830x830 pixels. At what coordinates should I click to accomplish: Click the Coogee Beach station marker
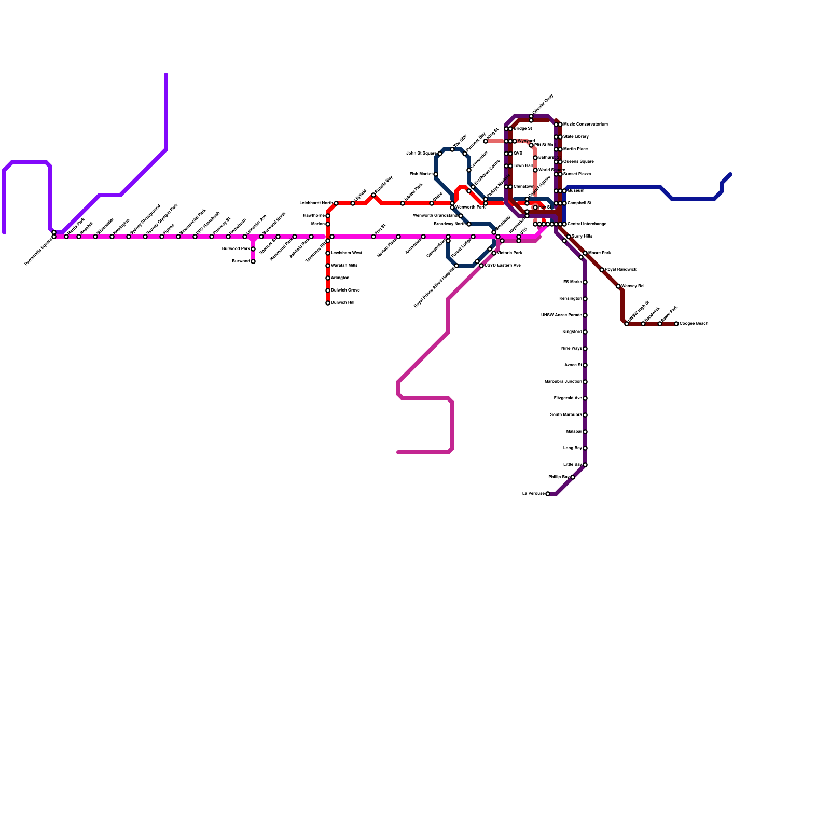tap(676, 324)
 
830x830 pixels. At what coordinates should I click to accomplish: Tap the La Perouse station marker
tap(548, 494)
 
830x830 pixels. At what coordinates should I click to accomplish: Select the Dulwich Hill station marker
tap(328, 303)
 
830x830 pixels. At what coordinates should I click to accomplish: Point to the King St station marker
tap(486, 141)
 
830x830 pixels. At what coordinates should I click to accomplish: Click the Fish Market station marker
tap(436, 174)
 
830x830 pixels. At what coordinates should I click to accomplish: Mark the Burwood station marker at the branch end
tap(253, 261)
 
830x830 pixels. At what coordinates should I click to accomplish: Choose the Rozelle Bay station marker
tap(374, 195)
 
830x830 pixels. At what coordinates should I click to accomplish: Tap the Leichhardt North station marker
tap(336, 203)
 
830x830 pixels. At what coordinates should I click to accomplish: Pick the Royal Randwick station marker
tap(602, 270)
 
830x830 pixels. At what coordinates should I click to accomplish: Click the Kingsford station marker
tap(585, 332)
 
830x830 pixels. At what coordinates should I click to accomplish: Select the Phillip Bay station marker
tap(573, 477)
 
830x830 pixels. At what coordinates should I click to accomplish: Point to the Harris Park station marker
tap(66, 237)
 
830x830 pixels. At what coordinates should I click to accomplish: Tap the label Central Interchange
tap(587, 224)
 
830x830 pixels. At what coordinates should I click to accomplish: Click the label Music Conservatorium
tap(585, 125)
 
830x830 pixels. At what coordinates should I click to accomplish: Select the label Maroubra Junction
tap(563, 382)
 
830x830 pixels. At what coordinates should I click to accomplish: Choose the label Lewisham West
tap(346, 253)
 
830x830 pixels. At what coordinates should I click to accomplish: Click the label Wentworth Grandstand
tap(435, 216)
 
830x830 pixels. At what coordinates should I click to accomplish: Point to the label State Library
tap(576, 137)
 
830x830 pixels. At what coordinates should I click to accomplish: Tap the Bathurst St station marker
tap(535, 158)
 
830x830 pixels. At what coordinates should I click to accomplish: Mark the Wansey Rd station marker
tap(618, 286)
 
